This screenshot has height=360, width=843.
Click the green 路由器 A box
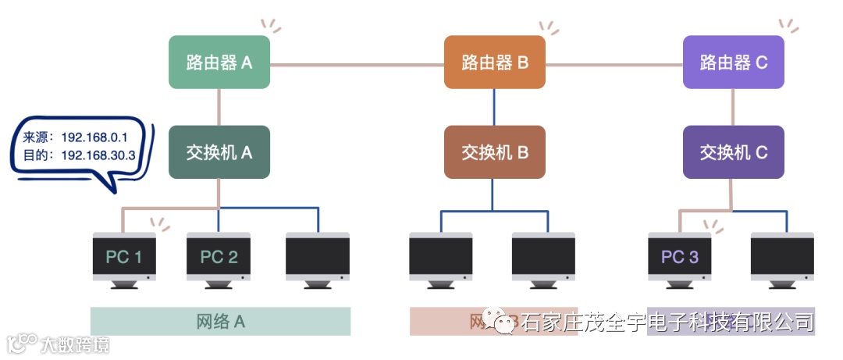pyautogui.click(x=219, y=62)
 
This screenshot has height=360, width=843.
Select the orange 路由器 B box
pyautogui.click(x=495, y=62)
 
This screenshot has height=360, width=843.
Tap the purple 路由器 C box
pyautogui.click(x=734, y=62)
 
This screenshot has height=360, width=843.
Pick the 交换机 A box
pyautogui.click(x=219, y=152)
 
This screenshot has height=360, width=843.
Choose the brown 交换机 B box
pyautogui.click(x=495, y=152)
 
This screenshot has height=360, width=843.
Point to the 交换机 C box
pyautogui.click(x=734, y=152)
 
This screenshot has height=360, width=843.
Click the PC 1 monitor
pyautogui.click(x=123, y=257)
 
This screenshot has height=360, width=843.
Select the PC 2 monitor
pyautogui.click(x=219, y=257)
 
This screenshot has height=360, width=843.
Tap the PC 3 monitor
pyautogui.click(x=680, y=257)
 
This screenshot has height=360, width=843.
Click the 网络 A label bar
pyautogui.click(x=220, y=321)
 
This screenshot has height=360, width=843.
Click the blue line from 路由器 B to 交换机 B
pyautogui.click(x=494, y=106)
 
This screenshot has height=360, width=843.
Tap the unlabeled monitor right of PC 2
pyautogui.click(x=317, y=257)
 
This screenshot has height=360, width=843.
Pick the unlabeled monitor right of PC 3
pyautogui.click(x=782, y=257)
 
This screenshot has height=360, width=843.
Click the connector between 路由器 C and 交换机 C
pyautogui.click(x=733, y=106)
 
